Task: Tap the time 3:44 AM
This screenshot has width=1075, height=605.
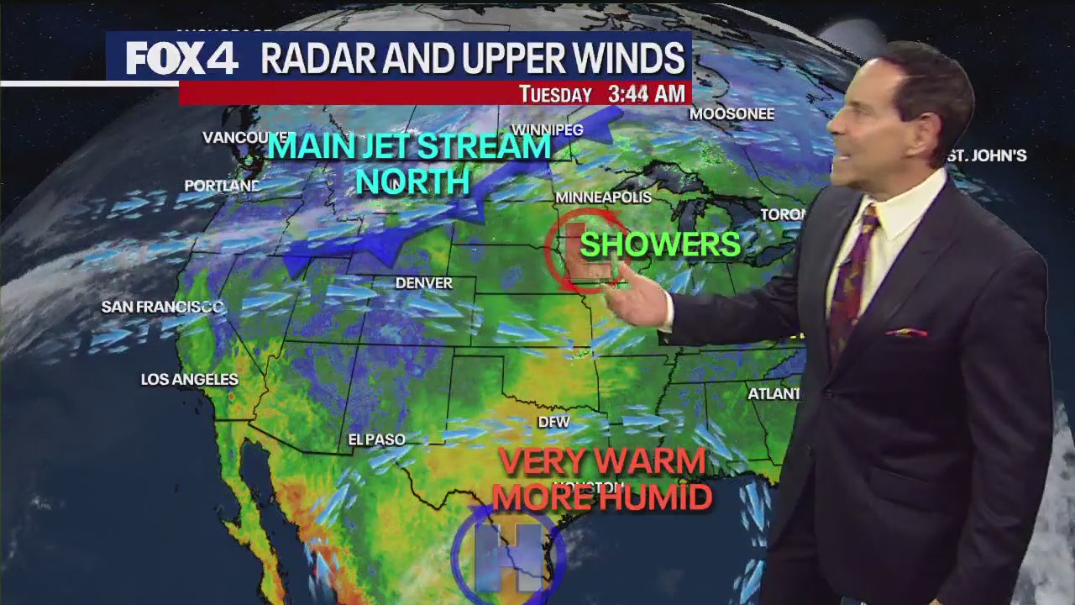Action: (x=646, y=94)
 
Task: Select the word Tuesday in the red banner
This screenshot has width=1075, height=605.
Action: (x=555, y=95)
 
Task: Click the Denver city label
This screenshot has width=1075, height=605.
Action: (x=424, y=283)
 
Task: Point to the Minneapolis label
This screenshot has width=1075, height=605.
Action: (x=603, y=197)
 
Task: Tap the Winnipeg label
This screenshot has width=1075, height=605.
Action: (x=547, y=130)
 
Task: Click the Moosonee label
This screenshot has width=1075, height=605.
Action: (x=732, y=113)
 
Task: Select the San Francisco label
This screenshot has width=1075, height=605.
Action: (x=162, y=307)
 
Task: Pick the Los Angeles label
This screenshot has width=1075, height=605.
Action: (x=189, y=380)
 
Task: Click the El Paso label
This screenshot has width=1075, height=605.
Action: (x=377, y=439)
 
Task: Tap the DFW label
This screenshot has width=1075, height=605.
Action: (x=553, y=422)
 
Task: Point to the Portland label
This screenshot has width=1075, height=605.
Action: (x=222, y=186)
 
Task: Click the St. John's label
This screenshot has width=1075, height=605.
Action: (x=988, y=155)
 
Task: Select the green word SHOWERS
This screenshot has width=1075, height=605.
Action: (x=660, y=245)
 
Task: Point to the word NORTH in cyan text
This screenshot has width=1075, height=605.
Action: (x=412, y=181)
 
